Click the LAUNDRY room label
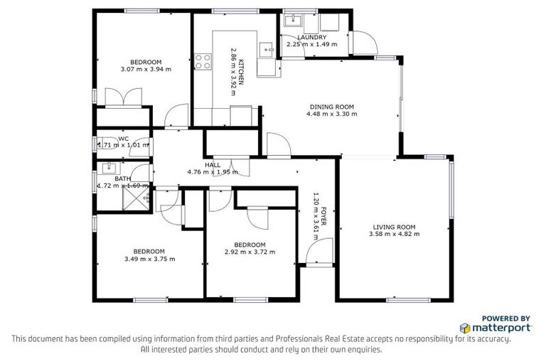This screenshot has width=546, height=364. (311, 37)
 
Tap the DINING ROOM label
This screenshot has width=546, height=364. (330, 107)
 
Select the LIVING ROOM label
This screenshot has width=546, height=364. (394, 227)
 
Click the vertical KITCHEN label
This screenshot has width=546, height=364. (241, 72)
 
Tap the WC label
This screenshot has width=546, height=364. (123, 139)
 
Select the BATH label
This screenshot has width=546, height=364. (122, 179)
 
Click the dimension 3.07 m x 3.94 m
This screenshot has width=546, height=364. (145, 69)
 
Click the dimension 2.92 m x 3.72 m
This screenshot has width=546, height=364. (250, 252)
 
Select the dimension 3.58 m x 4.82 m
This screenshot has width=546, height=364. (394, 235)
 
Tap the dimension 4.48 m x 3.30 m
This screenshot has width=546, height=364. (330, 114)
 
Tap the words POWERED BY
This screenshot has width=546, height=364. (506, 318)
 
